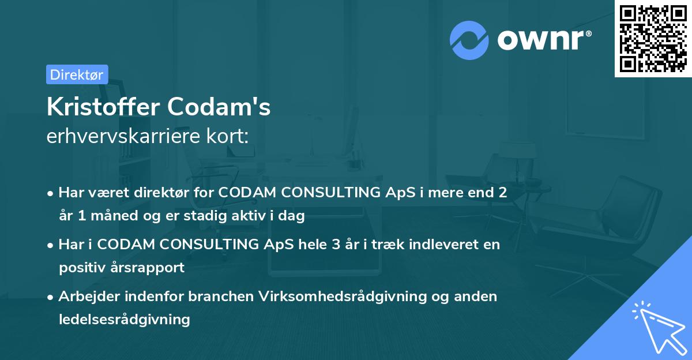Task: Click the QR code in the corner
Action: click(653, 38)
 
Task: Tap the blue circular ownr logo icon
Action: click(469, 40)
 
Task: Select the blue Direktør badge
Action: click(77, 74)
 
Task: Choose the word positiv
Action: click(79, 268)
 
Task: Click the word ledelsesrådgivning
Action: click(124, 319)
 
